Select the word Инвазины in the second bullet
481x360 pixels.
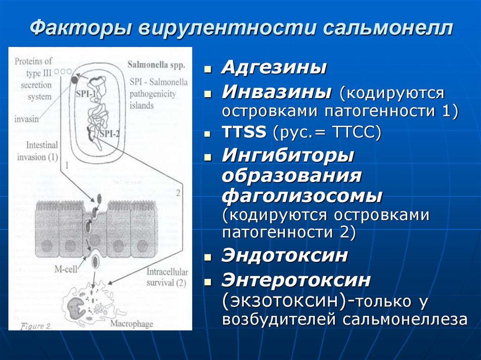(x=276, y=92)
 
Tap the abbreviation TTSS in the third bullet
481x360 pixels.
(x=243, y=133)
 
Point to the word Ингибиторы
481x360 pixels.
(x=288, y=155)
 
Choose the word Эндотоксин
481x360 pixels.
(x=285, y=256)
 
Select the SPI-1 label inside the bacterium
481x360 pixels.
(x=85, y=93)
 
